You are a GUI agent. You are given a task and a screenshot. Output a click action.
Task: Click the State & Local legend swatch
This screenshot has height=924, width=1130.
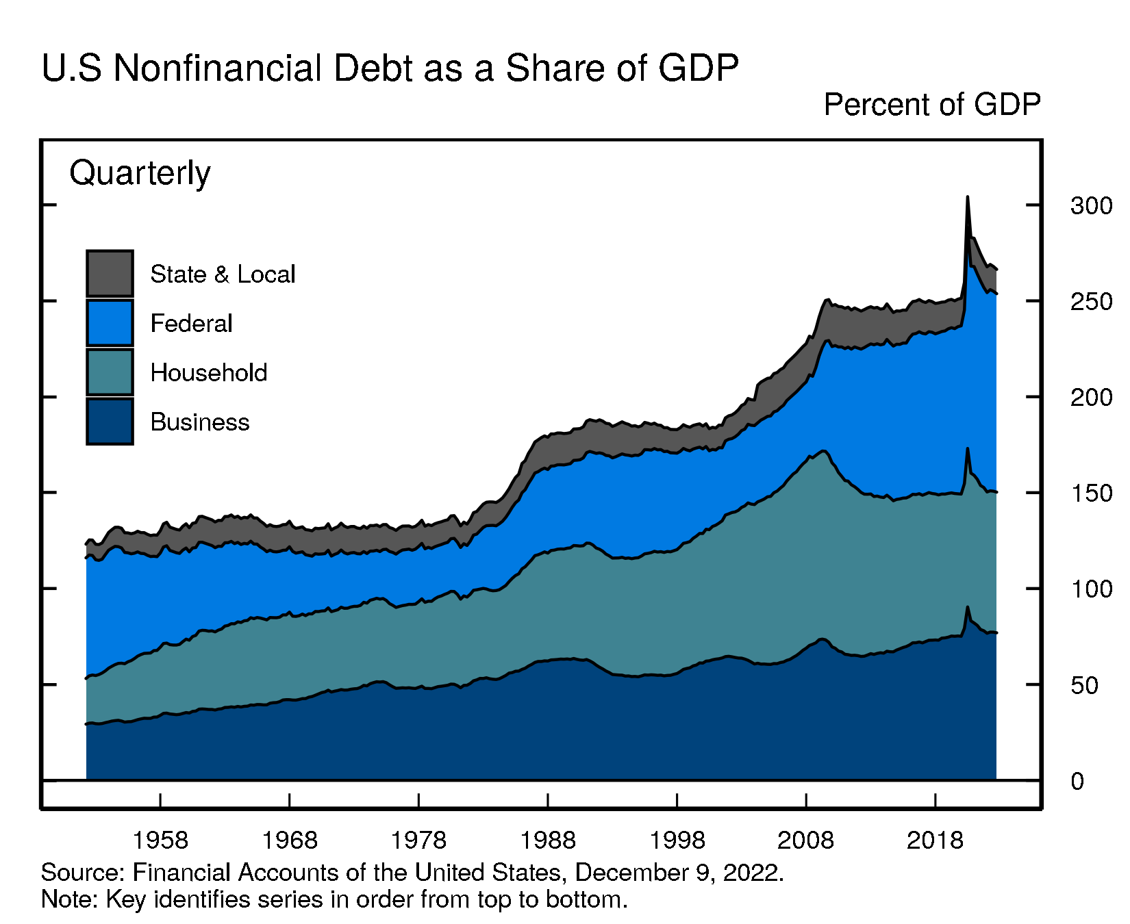pos(110,273)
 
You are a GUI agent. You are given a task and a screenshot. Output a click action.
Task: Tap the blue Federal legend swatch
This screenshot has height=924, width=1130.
pos(110,322)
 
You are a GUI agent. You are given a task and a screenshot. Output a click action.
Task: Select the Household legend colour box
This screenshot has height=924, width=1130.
pos(110,372)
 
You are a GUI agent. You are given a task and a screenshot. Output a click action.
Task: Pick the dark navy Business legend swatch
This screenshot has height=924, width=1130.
pos(110,421)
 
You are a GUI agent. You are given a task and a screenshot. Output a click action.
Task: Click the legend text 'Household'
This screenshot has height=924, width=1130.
pos(208,373)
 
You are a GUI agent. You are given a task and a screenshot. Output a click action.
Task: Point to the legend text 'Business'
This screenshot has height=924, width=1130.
pos(199,422)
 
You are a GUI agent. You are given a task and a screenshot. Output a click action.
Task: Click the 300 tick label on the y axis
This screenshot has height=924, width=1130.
pos(1091,205)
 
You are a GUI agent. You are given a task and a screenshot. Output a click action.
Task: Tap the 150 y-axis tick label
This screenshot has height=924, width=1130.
pos(1091,493)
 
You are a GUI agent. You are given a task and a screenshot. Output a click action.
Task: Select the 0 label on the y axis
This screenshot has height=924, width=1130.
pos(1078,781)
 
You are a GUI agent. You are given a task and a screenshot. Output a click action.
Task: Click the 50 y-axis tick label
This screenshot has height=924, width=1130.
pos(1084,685)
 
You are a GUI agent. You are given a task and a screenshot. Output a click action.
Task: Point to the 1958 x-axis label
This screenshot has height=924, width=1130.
pos(160,840)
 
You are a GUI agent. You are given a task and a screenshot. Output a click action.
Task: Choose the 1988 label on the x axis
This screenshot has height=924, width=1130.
pos(548,840)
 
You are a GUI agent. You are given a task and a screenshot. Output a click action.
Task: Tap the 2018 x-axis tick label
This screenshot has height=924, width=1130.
pos(935,840)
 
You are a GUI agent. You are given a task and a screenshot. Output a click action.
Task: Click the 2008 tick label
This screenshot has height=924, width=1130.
pos(806,840)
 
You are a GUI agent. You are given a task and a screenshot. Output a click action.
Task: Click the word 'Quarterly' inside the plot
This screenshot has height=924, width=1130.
pos(140,173)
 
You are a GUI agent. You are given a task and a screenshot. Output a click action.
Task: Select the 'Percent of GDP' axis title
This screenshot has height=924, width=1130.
pos(931,105)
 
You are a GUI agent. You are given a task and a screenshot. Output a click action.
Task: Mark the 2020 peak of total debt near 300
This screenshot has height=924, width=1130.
pos(967,197)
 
